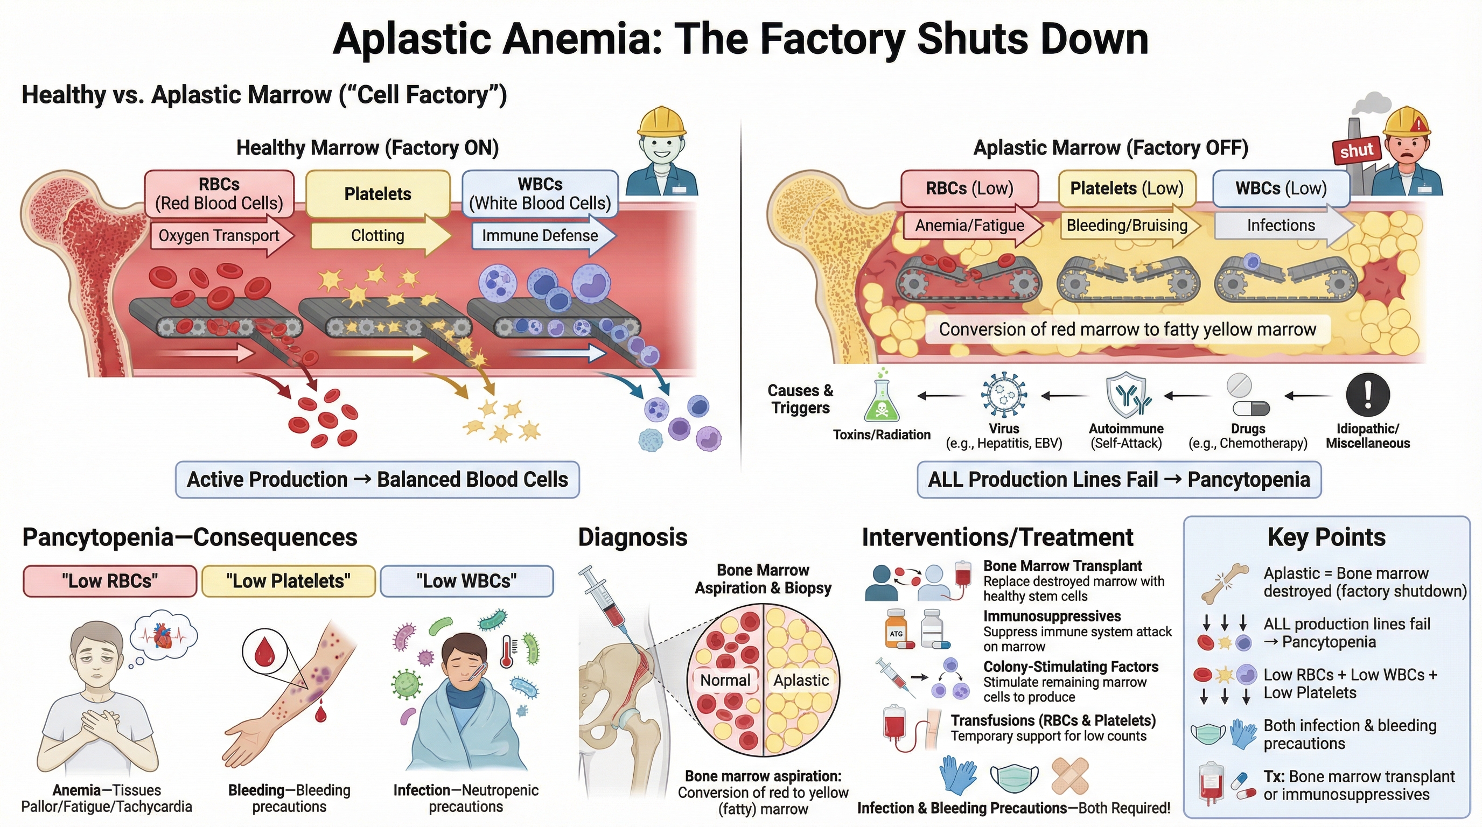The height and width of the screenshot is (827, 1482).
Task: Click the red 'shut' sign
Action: pos(1357,151)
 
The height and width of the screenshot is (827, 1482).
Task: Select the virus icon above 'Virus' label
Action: pos(1003,395)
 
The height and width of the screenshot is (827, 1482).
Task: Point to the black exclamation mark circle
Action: pos(1367,395)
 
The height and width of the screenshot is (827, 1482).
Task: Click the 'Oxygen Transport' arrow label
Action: pos(219,235)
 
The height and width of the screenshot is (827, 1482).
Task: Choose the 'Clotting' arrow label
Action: pos(378,235)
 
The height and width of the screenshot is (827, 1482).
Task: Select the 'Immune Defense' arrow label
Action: pos(540,235)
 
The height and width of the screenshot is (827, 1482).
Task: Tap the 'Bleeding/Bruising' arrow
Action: pos(1128,225)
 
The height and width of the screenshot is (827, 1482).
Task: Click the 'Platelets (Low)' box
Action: pos(1127,188)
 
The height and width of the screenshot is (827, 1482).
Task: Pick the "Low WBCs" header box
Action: pos(466,581)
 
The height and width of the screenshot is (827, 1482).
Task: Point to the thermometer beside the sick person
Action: pos(507,651)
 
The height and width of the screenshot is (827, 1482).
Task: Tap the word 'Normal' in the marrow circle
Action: pos(725,681)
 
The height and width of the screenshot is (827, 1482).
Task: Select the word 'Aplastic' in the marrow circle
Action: pos(801,681)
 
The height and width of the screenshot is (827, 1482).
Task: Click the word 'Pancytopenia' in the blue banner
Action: pos(1248,479)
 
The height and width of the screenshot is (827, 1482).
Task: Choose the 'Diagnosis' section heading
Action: pos(632,537)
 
